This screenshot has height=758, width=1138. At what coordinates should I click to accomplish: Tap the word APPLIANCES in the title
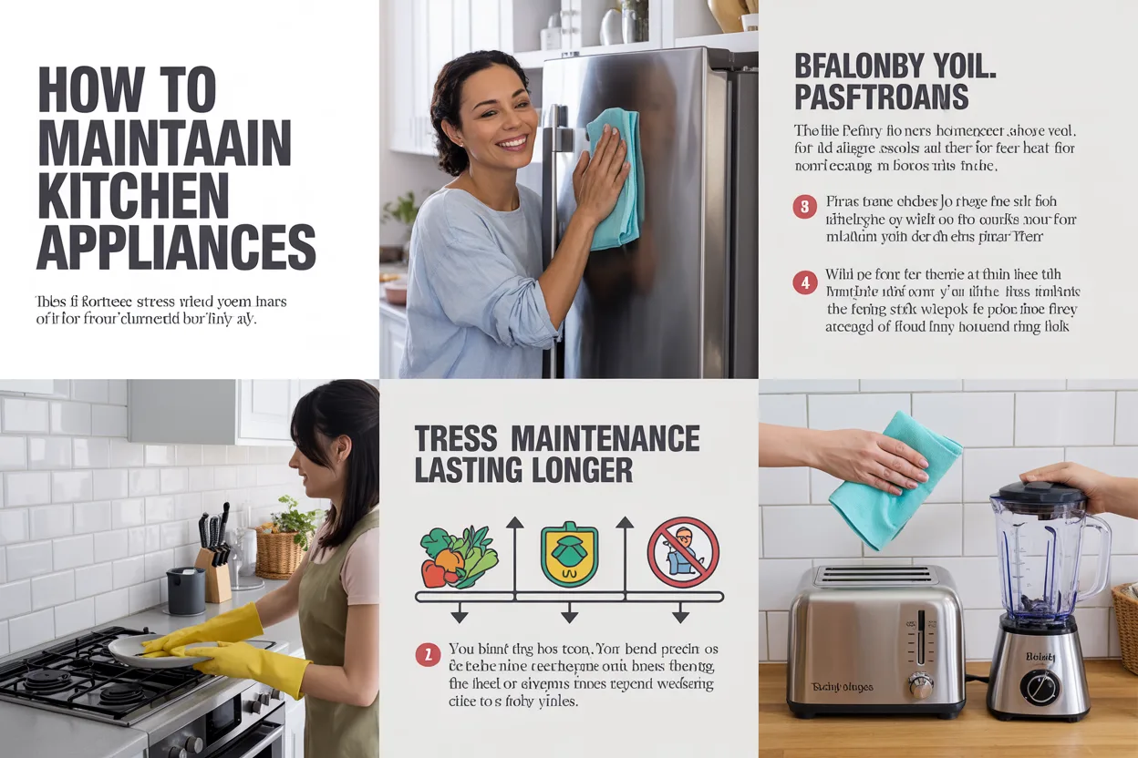(x=176, y=246)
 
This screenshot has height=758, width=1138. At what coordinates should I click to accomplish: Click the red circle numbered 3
(x=803, y=208)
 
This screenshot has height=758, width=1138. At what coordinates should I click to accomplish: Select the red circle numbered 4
(x=803, y=282)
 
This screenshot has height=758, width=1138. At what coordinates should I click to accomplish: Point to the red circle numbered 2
(x=426, y=653)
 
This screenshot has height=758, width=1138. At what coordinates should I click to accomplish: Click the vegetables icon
(x=459, y=557)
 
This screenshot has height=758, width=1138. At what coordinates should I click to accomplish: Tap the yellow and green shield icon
(x=569, y=554)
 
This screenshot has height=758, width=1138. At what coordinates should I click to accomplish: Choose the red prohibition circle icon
(x=683, y=552)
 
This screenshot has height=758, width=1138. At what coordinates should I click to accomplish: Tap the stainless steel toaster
(x=874, y=637)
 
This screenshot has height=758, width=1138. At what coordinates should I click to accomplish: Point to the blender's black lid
(x=1039, y=493)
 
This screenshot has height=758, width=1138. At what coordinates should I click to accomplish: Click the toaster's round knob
(x=921, y=686)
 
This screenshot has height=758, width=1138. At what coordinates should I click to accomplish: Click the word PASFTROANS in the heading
(x=881, y=96)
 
